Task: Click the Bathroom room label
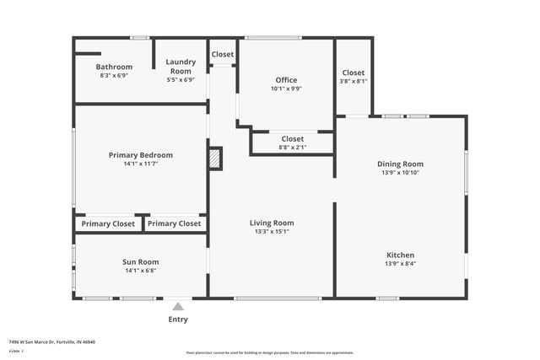pos(114,67)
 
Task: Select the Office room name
pos(286,80)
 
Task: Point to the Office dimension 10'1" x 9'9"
pos(286,89)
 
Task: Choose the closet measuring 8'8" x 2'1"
pos(292,142)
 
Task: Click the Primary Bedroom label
pos(141,155)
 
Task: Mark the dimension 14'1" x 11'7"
pos(141,164)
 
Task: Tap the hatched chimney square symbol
pos(215,158)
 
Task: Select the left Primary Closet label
pos(108,223)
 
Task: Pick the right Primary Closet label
pos(175,223)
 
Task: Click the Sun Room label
pos(141,262)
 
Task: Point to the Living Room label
pos(272,223)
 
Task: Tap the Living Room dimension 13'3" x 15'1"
pos(272,232)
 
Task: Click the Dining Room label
pos(400,164)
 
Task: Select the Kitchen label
pos(400,255)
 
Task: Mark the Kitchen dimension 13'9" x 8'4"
pos(400,264)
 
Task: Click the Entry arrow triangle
pos(178,305)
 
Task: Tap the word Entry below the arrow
pos(178,320)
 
